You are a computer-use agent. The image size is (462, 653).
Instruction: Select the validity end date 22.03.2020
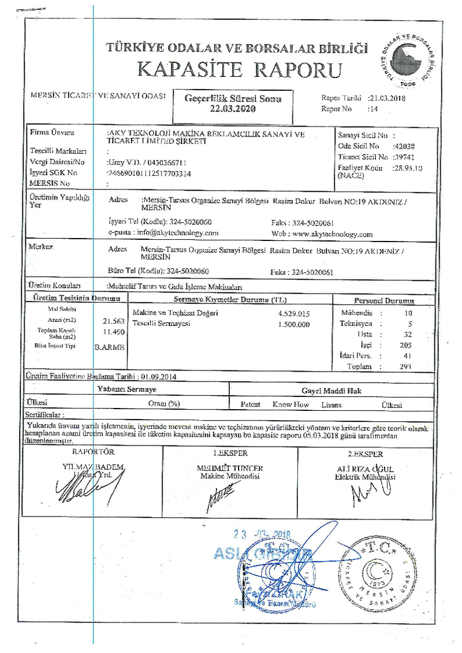[232, 109]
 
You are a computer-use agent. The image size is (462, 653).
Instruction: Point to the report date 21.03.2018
[388, 98]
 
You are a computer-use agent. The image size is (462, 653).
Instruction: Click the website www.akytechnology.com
[331, 234]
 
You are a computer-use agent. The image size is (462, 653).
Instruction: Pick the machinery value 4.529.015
[295, 313]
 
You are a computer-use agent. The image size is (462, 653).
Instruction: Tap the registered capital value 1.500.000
[295, 324]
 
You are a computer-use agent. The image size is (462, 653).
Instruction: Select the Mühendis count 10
[408, 313]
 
